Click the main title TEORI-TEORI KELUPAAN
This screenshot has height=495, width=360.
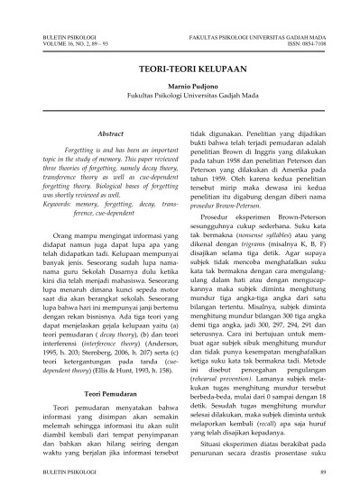[x=180, y=68]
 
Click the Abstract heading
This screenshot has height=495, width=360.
[x=107, y=133]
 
